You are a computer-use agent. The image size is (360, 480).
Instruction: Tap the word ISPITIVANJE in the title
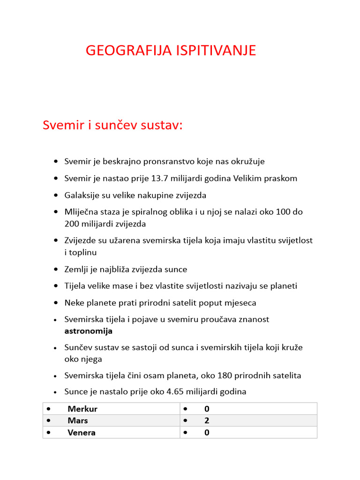216,51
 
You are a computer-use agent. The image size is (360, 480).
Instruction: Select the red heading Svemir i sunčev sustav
112,125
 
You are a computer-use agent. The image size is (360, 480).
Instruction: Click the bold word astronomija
88,331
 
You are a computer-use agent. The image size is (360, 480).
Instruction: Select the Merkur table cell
82,409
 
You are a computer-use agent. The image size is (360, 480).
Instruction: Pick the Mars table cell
77,420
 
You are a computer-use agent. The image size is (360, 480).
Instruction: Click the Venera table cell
81,432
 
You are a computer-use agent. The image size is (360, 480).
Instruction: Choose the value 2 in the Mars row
207,420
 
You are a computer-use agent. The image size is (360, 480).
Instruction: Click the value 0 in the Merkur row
207,409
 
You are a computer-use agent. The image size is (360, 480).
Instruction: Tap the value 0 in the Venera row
207,432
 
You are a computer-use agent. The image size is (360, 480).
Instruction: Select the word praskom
282,179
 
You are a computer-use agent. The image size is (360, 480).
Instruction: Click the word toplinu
84,252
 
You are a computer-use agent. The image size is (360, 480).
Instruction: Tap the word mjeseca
240,303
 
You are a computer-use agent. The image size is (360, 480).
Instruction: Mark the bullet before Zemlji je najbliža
56,270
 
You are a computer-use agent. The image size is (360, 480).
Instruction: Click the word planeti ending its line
283,286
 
